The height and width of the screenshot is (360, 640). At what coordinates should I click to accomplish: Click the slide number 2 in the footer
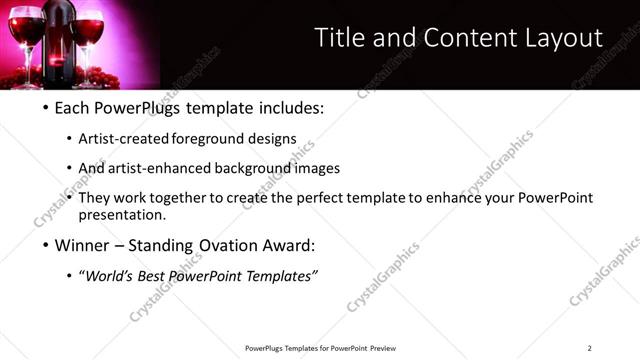590,348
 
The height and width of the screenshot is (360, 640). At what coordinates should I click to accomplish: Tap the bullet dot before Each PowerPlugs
47,107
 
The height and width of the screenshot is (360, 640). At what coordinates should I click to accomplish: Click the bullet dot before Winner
47,245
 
